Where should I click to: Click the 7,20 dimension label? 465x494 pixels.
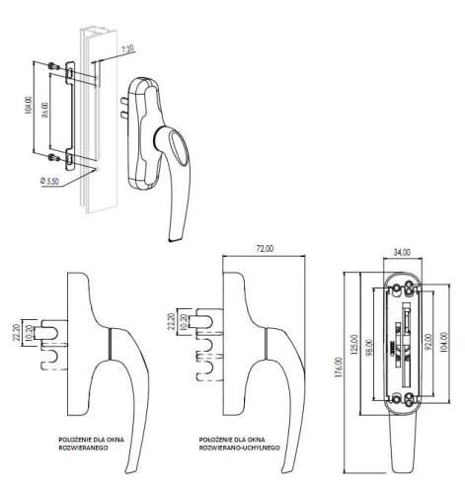(125, 48)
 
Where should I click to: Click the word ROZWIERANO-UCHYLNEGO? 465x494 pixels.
(241, 447)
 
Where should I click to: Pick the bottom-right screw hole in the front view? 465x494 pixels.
(411, 399)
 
